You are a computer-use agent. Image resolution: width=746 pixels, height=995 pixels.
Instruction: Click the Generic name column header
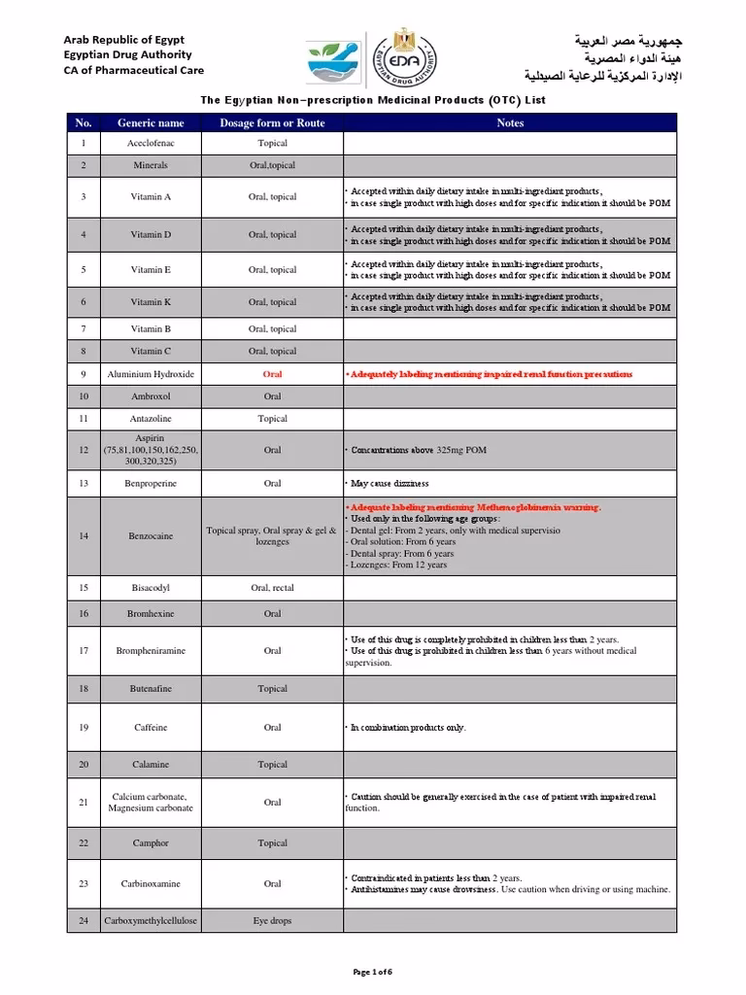tap(151, 123)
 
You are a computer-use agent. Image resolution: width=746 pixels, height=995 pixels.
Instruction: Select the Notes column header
tap(510, 123)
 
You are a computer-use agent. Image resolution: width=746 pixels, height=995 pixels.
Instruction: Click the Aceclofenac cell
tap(151, 143)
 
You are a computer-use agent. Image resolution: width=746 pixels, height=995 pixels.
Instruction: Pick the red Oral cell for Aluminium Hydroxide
tap(272, 374)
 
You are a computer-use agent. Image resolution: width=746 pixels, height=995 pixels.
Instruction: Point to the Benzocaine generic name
tap(151, 535)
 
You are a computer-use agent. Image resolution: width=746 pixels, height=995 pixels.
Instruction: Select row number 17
tap(84, 651)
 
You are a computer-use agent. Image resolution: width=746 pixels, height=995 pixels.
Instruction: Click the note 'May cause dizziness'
tap(389, 483)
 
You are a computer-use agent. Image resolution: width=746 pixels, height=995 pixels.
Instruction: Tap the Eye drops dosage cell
tap(272, 920)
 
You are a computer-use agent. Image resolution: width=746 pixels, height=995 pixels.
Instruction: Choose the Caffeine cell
tap(151, 727)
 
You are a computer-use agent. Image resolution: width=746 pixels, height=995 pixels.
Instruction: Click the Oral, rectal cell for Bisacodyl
tap(272, 587)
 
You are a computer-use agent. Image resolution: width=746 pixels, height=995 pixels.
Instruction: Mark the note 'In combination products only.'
tap(407, 727)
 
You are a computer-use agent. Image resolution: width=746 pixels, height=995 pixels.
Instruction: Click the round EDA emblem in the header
tap(398, 57)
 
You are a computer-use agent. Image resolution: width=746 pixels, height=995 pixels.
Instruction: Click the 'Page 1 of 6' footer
tap(372, 973)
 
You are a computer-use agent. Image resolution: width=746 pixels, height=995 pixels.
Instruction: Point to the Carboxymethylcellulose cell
tap(151, 920)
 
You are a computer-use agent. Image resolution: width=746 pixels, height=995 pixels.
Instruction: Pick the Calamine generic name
tap(151, 765)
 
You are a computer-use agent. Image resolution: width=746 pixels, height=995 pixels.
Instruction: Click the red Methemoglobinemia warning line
tap(474, 507)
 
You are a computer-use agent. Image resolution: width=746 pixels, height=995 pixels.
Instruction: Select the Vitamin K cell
tap(151, 302)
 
